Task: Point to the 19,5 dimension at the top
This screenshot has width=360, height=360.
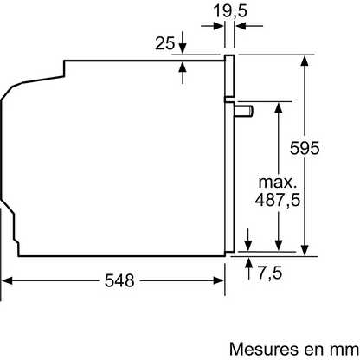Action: (229, 11)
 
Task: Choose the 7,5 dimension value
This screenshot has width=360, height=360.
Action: (270, 274)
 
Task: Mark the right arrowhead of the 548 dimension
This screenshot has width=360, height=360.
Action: (221, 281)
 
